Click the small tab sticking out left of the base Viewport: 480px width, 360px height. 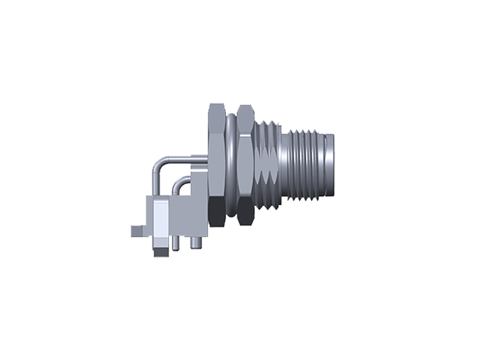tap(138, 230)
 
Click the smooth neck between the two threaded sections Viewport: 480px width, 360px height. tap(284, 163)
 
